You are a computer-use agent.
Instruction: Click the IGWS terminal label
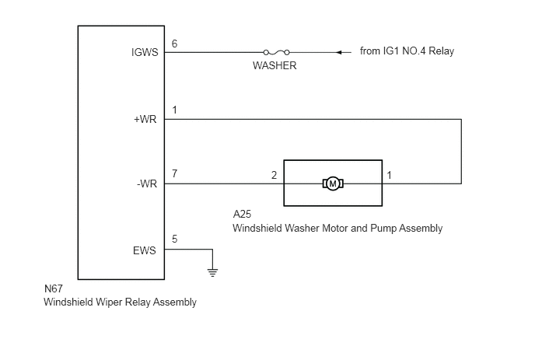point(145,52)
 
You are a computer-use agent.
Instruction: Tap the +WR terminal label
point(145,119)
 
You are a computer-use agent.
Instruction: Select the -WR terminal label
point(147,183)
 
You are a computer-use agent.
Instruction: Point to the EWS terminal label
point(145,250)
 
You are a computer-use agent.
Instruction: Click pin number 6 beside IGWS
point(174,44)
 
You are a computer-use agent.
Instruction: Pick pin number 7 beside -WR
point(174,173)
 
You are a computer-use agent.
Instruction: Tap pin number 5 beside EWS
point(174,239)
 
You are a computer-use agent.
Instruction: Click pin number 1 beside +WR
point(174,110)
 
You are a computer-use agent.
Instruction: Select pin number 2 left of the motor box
point(274,175)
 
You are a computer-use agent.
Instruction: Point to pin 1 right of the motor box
point(389,175)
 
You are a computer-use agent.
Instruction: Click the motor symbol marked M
point(333,183)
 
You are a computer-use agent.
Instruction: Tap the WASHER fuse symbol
point(276,52)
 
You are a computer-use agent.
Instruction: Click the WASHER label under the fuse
point(274,65)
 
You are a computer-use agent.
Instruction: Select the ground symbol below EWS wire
point(212,272)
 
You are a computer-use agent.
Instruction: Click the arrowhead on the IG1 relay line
point(338,52)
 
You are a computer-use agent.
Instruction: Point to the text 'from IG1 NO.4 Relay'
point(407,51)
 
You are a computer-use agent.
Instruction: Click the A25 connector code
point(242,214)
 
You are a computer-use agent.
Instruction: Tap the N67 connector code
point(54,288)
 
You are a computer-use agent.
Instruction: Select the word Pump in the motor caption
point(383,229)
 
